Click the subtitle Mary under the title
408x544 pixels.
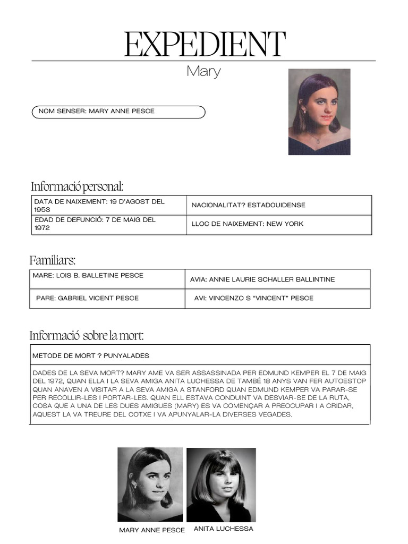point(203,71)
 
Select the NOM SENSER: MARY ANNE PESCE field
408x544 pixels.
point(118,112)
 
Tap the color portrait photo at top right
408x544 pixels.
point(319,112)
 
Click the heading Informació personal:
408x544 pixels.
point(77,186)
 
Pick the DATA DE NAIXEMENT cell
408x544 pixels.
point(109,205)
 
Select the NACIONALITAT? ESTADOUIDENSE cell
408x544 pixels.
point(278,205)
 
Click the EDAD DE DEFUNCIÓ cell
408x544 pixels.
point(109,224)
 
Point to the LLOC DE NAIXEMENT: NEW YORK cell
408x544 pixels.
point(278,224)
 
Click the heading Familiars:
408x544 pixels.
point(53,260)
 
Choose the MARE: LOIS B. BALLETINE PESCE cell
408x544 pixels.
point(109,278)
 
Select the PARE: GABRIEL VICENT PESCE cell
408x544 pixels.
point(109,298)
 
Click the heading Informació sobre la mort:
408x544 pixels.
point(87,335)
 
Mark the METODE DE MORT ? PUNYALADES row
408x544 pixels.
point(200,355)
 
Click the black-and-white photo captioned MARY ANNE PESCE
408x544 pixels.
point(150,484)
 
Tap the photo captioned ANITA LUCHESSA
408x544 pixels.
point(221,484)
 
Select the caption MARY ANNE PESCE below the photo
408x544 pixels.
point(152,530)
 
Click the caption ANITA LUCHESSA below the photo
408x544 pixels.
point(223,529)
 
